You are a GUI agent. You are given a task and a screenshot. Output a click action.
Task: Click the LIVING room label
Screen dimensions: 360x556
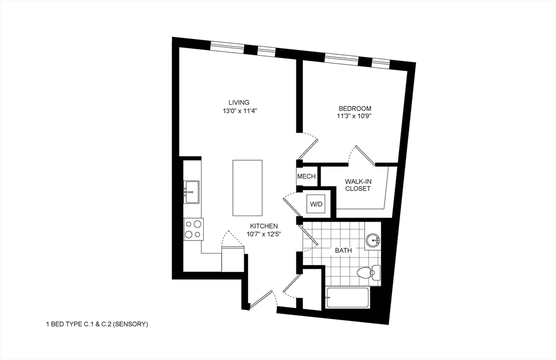tap(238, 102)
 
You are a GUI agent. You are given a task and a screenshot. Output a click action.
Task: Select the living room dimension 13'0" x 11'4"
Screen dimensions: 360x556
tap(238, 111)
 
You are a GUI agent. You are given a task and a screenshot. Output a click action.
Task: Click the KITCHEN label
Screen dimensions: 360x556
tap(264, 226)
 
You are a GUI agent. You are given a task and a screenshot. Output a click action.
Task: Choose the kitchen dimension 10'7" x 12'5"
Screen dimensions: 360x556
tap(264, 235)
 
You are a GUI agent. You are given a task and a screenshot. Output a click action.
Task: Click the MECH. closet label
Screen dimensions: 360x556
tap(307, 177)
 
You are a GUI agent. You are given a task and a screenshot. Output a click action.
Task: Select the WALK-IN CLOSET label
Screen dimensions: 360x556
tap(358, 185)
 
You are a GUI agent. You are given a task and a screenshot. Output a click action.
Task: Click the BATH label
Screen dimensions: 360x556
tap(343, 251)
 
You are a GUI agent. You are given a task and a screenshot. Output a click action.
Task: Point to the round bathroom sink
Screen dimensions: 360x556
tap(372, 240)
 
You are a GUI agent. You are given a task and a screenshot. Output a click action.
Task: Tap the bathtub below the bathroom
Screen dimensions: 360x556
tap(348, 298)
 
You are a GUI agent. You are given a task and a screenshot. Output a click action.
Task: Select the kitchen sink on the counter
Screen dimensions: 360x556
tap(192, 192)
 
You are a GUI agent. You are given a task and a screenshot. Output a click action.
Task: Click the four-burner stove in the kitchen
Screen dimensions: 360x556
tap(193, 229)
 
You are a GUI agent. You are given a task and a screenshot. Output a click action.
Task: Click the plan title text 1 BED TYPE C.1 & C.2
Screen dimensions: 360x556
tap(97, 324)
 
